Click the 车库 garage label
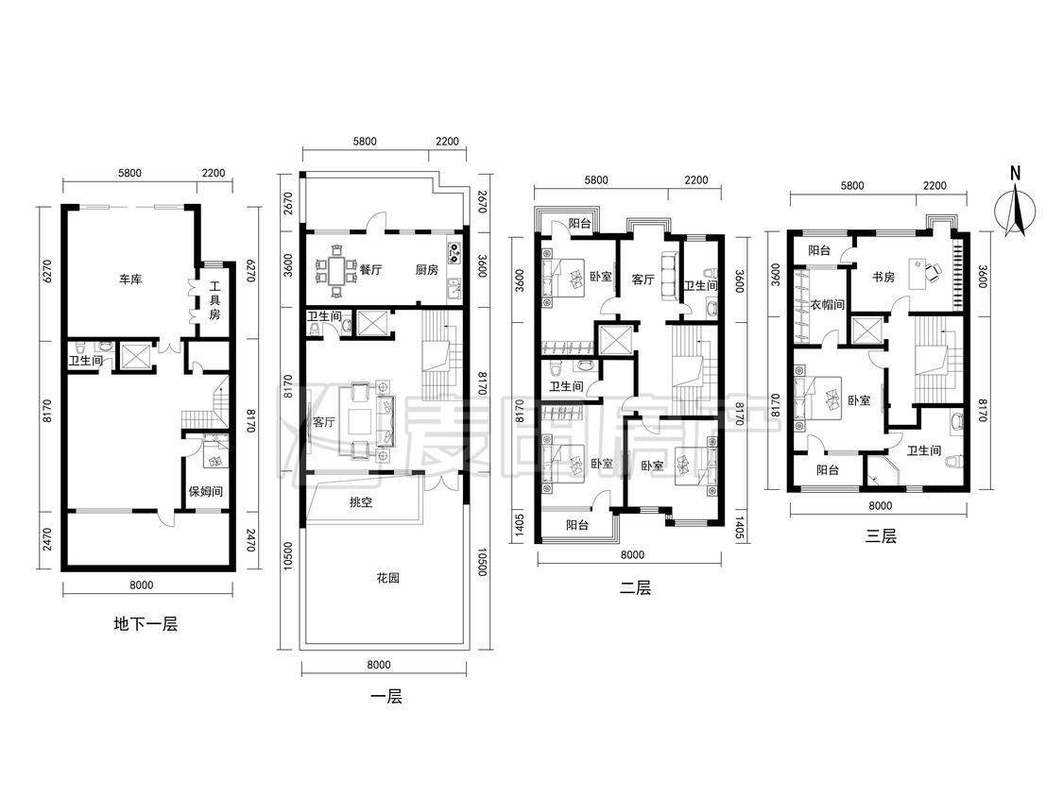tap(130, 280)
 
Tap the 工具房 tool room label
tap(214, 300)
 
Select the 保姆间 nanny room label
tap(206, 491)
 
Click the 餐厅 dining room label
tap(370, 270)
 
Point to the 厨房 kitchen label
tap(426, 270)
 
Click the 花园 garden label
tap(387, 578)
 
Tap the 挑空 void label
tap(361, 503)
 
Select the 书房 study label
tap(883, 278)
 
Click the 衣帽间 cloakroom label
tap(828, 305)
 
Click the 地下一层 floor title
tap(146, 623)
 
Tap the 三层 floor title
tap(881, 536)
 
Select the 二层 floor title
tap(635, 588)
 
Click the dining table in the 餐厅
tap(337, 270)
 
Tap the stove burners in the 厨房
tap(454, 253)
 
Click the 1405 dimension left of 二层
tap(520, 525)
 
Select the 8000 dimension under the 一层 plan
tap(379, 665)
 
